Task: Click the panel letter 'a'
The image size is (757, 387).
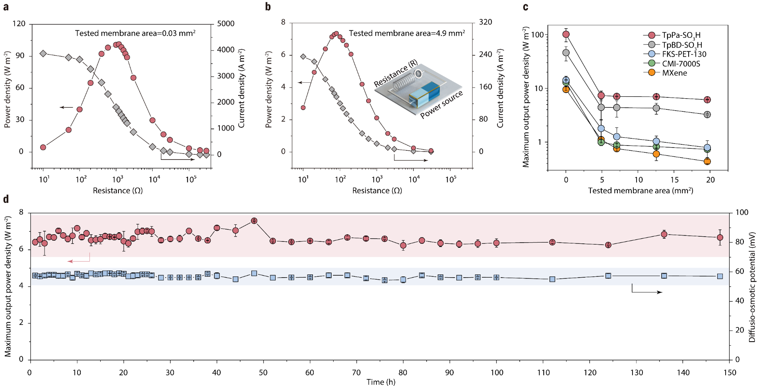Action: point(6,7)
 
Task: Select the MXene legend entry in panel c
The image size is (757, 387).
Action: point(674,73)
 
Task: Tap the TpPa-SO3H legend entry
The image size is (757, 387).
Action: point(681,35)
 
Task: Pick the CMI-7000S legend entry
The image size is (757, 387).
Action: point(681,64)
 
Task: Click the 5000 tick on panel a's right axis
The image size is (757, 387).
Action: point(225,24)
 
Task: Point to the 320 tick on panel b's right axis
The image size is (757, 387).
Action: point(485,22)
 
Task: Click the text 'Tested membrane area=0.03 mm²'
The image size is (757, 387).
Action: point(135,33)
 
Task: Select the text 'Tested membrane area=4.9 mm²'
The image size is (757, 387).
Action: point(407,33)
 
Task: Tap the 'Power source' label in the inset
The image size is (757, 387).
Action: point(441,104)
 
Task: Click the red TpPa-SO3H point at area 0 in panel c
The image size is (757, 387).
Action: point(566,34)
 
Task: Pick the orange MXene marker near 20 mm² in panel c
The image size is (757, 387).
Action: point(707,161)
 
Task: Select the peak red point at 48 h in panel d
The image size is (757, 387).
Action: point(254,221)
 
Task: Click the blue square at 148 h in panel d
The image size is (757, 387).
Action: point(720,276)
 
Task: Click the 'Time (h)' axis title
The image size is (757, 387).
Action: point(380,382)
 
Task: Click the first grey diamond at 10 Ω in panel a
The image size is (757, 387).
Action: point(43,54)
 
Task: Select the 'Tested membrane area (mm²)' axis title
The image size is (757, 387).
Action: point(641,191)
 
